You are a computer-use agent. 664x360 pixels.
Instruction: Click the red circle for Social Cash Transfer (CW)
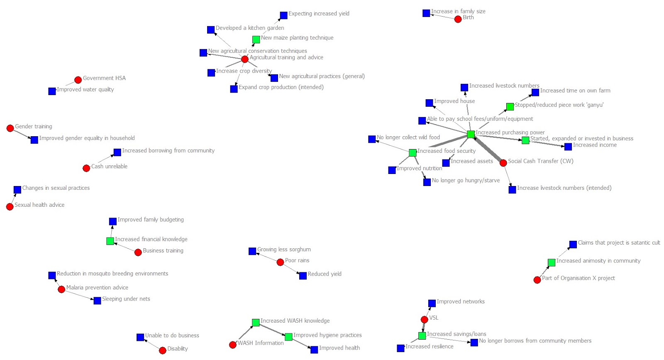tap(503, 163)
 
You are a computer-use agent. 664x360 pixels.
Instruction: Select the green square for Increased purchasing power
tap(471, 134)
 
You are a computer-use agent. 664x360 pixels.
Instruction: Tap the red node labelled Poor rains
tap(280, 262)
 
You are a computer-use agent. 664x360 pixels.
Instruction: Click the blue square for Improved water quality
tap(52, 91)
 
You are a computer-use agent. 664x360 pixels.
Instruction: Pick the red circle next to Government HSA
tap(78, 80)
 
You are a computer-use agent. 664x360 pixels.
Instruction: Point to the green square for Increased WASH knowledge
tap(256, 322)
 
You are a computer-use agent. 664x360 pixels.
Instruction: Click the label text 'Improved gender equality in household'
tap(87, 138)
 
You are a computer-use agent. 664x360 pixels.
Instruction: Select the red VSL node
tap(424, 319)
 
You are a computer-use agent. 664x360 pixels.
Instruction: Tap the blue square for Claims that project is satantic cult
tap(573, 244)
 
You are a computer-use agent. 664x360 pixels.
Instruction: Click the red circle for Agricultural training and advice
tap(245, 59)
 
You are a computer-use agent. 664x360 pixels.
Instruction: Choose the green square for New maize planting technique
tap(256, 39)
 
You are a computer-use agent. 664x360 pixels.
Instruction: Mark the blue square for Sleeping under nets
tap(97, 300)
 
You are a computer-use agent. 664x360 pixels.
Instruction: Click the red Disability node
tap(163, 350)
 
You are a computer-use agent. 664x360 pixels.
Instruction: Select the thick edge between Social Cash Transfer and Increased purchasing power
tap(487, 149)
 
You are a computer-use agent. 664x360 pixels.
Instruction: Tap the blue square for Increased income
tap(568, 147)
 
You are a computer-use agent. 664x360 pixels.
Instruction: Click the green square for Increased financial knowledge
tap(110, 241)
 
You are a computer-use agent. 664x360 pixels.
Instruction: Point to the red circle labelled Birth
tap(458, 19)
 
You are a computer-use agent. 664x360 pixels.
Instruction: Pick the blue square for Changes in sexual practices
tap(17, 190)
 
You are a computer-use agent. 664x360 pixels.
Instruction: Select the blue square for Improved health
tap(314, 350)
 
